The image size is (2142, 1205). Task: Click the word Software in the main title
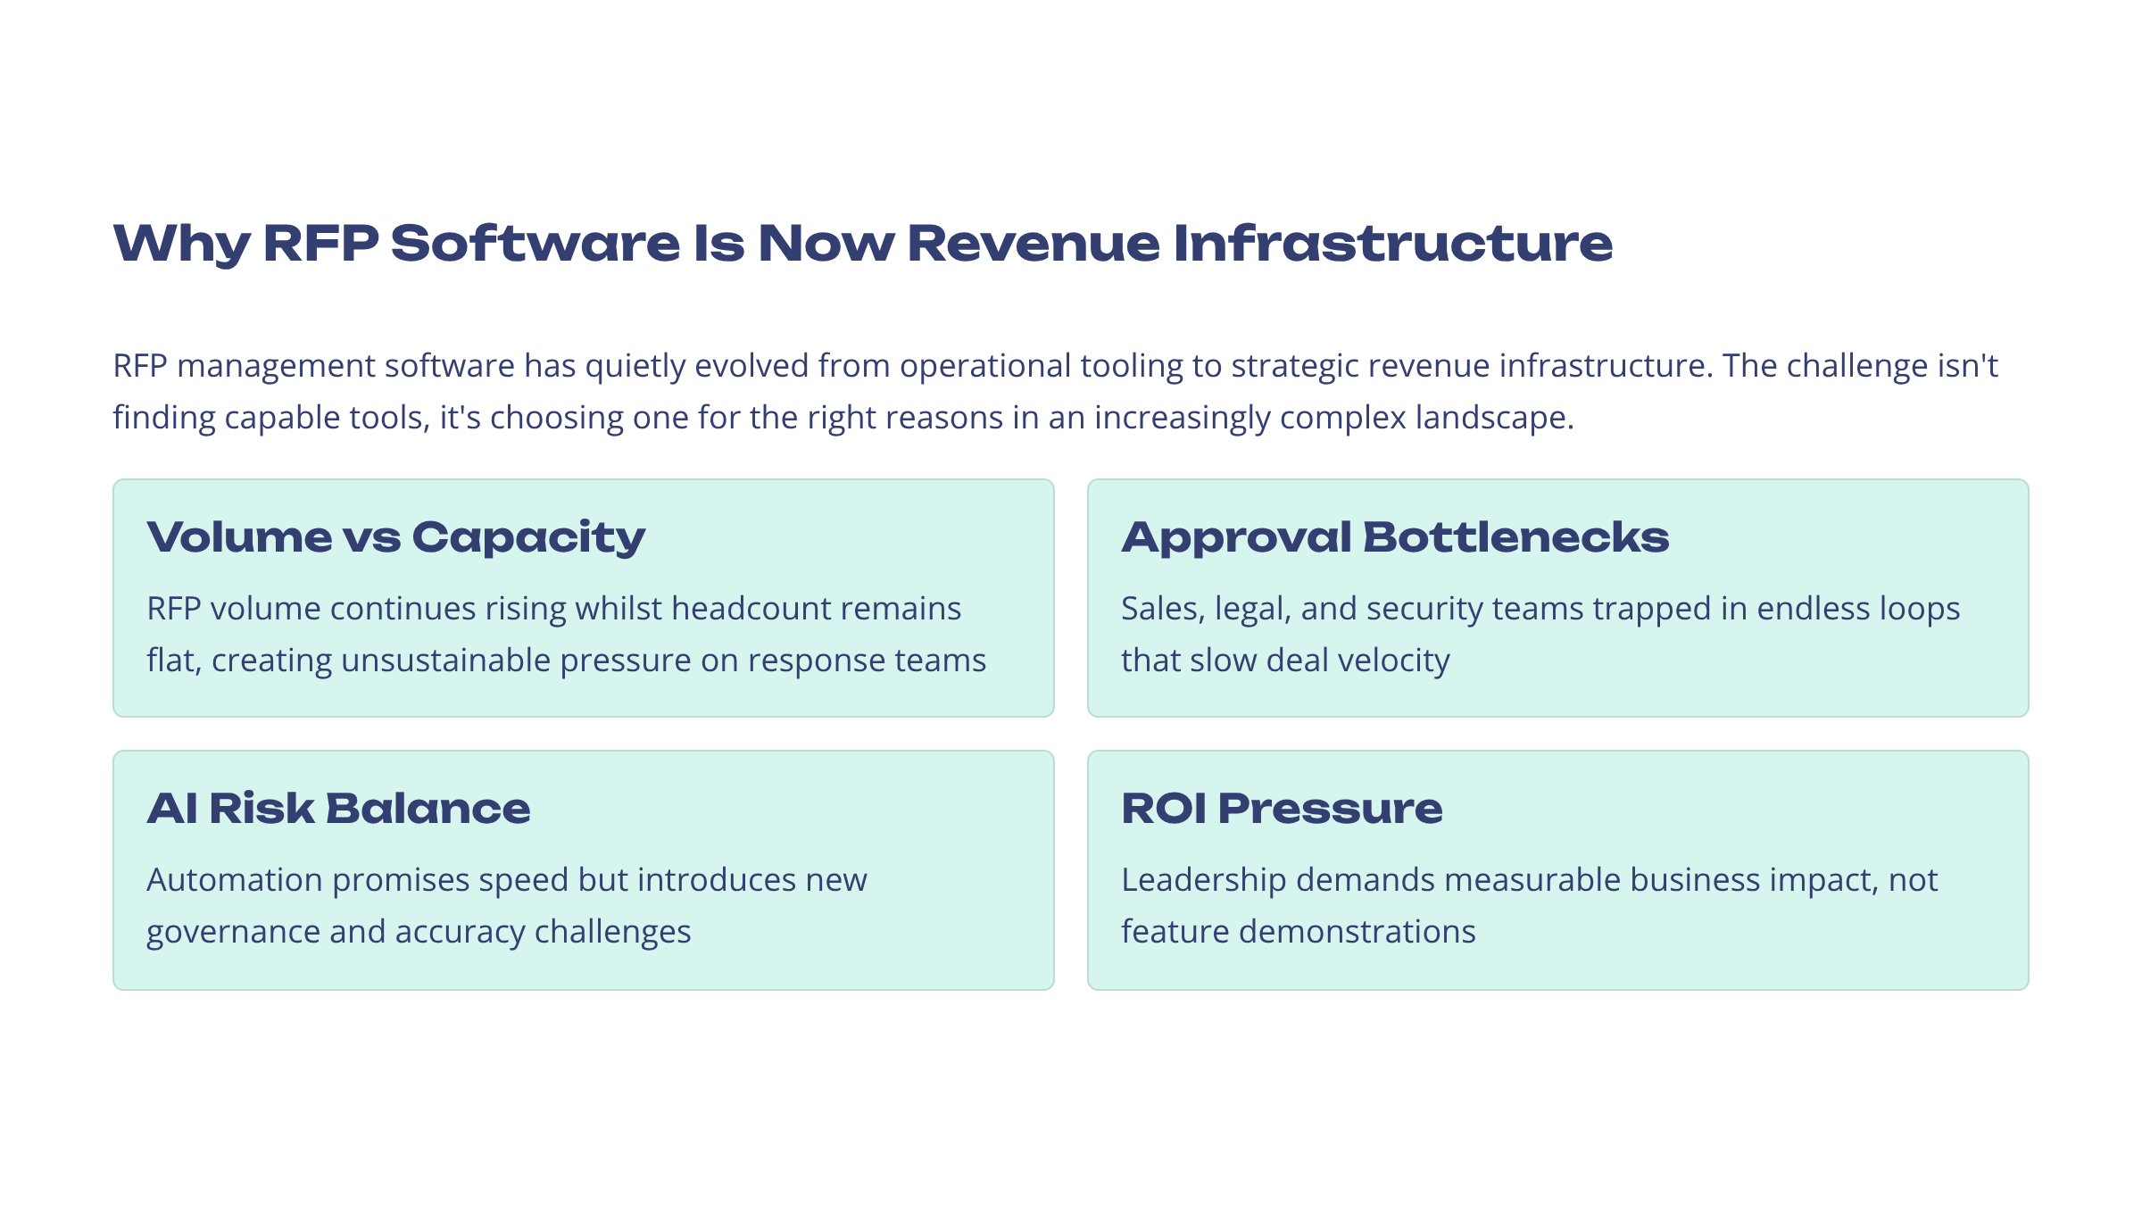point(535,243)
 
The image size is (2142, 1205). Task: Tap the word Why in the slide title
point(182,243)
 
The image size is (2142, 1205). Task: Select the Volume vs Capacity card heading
point(395,537)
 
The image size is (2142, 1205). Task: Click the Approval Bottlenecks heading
point(1394,537)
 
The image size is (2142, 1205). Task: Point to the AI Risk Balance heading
point(338,809)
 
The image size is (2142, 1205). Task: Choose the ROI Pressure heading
point(1282,809)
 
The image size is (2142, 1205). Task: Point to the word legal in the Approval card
point(1253,609)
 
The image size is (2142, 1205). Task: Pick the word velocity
point(1399,661)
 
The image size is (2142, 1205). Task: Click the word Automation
point(235,880)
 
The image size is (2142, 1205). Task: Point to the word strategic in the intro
point(1294,366)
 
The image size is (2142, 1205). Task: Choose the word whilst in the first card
point(618,609)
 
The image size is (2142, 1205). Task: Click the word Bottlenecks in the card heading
point(1515,537)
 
